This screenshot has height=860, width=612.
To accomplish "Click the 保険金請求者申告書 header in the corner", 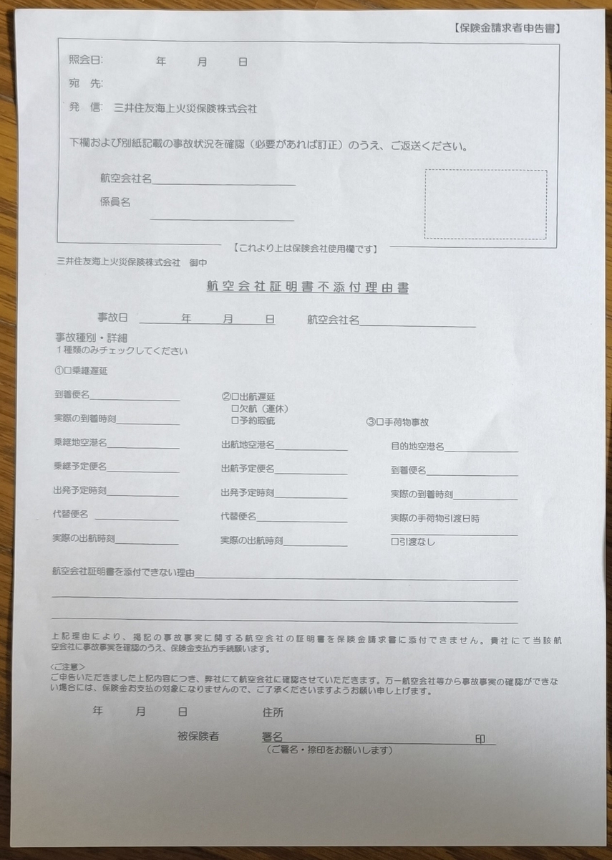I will click(x=506, y=29).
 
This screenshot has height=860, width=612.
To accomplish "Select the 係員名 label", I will click(x=115, y=203).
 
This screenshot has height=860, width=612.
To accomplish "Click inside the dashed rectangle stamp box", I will click(x=485, y=204).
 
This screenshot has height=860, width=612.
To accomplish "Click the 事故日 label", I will click(x=112, y=319).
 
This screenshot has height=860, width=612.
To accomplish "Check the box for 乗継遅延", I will click(x=69, y=371).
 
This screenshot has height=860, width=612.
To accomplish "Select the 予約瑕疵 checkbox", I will click(x=235, y=420).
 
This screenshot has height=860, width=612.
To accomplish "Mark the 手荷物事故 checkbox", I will click(x=380, y=423).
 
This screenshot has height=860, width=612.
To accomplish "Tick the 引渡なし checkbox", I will click(x=394, y=542).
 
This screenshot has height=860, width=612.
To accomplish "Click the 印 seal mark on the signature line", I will click(x=480, y=740).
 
